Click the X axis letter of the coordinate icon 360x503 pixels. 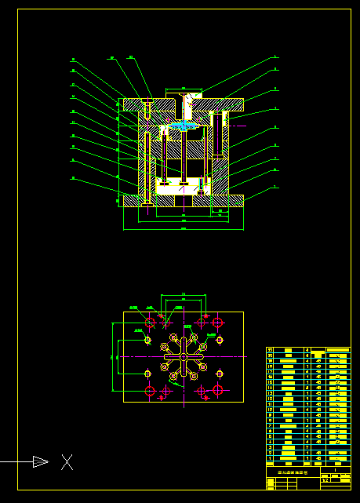click(x=67, y=462)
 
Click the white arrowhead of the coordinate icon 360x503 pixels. click(x=41, y=462)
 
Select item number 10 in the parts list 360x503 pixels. click(x=271, y=410)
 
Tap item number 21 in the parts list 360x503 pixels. click(x=271, y=349)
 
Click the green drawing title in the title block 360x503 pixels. click(x=293, y=473)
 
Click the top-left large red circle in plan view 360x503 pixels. click(x=150, y=323)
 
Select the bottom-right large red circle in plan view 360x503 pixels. click(x=217, y=390)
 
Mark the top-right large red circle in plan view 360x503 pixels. click(x=217, y=323)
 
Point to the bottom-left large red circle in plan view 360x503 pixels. click(x=150, y=390)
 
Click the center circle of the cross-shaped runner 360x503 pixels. click(x=183, y=356)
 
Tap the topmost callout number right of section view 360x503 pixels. click(x=276, y=57)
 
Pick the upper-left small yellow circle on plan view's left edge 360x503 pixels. click(x=147, y=340)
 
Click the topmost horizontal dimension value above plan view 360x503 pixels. click(x=183, y=293)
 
